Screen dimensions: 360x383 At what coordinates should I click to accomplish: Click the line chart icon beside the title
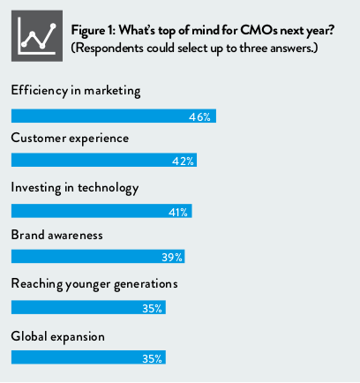(37, 36)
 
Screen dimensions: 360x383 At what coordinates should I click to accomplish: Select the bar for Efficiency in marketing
(114, 116)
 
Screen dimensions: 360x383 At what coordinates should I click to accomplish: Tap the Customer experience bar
(104, 160)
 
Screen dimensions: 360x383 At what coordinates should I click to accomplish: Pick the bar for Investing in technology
(101, 211)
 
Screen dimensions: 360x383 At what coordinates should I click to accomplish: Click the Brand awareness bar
(98, 256)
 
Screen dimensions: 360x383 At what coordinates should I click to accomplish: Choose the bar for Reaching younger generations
(88, 307)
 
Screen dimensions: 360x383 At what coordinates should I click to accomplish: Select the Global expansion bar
(88, 357)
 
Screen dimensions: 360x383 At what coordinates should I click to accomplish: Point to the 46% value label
(199, 117)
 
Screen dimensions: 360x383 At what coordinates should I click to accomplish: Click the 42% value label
(183, 161)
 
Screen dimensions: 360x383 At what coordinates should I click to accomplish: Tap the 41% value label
(178, 212)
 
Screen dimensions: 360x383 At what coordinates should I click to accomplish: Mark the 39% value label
(172, 258)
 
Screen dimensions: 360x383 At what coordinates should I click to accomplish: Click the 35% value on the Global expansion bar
(152, 358)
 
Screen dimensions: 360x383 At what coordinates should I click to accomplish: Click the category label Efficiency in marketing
(76, 91)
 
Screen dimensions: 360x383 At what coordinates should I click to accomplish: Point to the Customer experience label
(70, 139)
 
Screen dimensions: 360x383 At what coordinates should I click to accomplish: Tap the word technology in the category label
(108, 188)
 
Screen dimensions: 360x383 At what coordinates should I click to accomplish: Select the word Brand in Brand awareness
(27, 235)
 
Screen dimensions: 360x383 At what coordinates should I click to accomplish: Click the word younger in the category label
(87, 285)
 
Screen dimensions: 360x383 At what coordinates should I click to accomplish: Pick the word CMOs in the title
(259, 30)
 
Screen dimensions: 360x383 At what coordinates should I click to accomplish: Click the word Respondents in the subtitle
(108, 49)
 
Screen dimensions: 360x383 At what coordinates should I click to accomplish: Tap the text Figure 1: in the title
(94, 31)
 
